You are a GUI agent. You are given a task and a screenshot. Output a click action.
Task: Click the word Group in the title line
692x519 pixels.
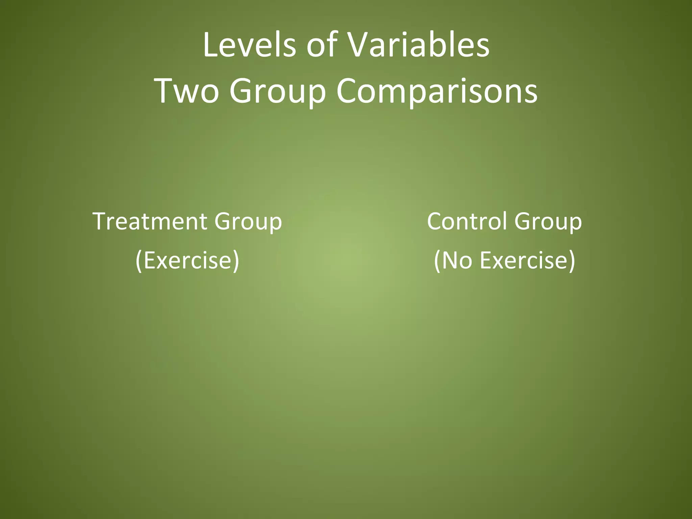(x=277, y=91)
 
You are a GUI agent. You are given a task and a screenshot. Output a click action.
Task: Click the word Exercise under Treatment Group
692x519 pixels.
(x=188, y=260)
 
